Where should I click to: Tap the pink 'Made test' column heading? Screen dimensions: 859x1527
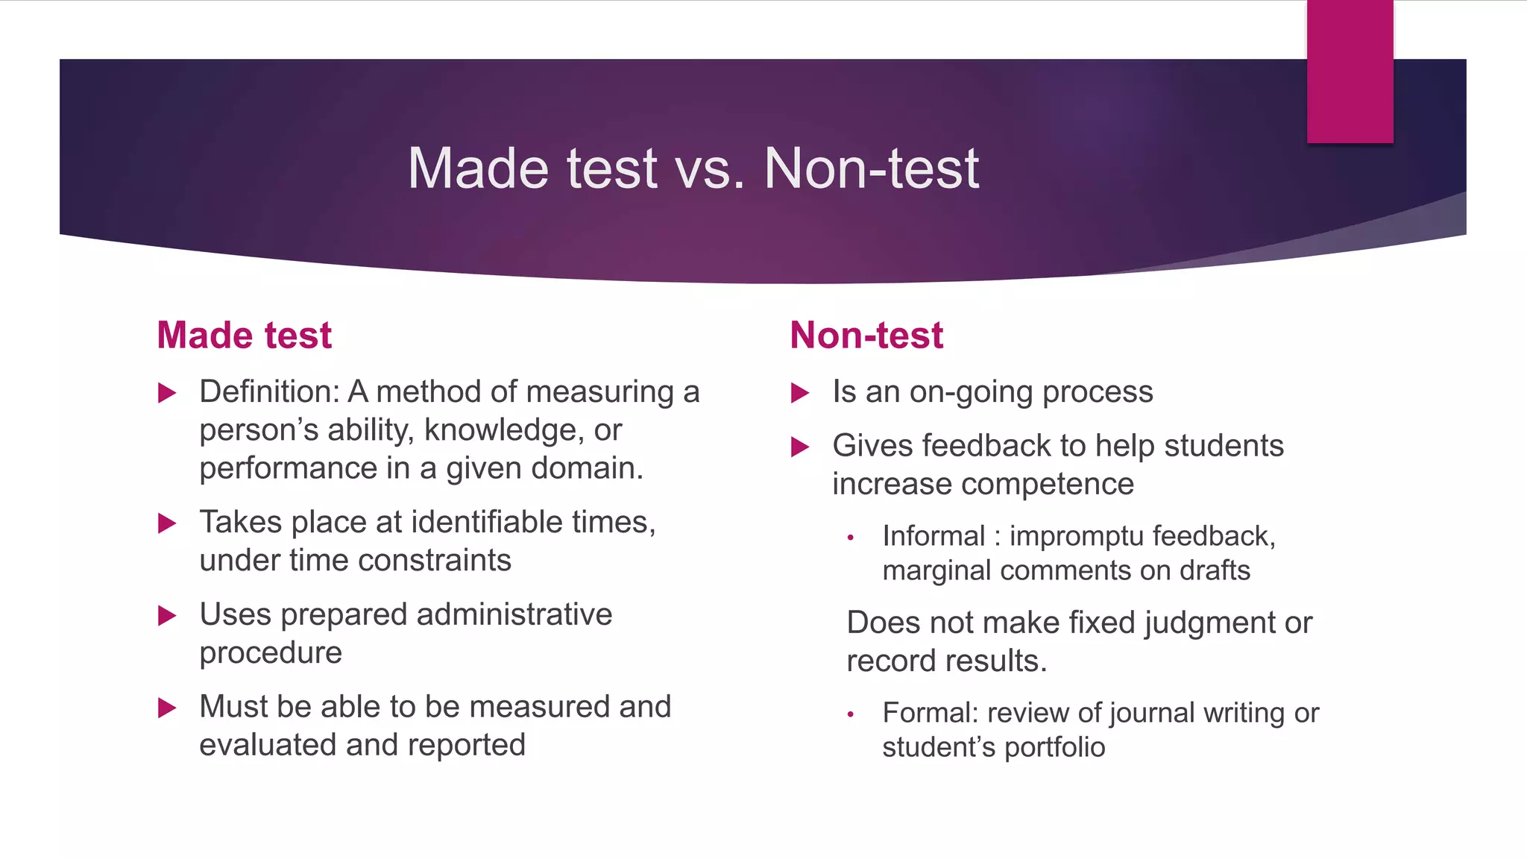click(244, 335)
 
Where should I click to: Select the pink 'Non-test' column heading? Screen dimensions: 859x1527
click(866, 335)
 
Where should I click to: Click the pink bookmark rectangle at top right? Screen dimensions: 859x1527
click(1350, 72)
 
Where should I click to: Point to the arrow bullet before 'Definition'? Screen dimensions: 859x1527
click(167, 393)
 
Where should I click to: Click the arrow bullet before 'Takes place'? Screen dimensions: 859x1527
click(167, 523)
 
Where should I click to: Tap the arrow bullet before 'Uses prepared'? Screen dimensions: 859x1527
click(167, 616)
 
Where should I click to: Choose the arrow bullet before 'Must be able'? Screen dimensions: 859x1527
click(167, 708)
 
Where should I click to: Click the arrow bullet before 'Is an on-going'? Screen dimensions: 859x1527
click(800, 393)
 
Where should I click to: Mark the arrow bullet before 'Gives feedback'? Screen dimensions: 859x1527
click(800, 447)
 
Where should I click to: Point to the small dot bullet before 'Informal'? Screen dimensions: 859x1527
click(850, 538)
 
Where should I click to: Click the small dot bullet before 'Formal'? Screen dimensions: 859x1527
click(850, 714)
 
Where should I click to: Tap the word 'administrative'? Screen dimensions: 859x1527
click(514, 614)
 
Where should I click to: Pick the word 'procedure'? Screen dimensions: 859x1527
click(271, 653)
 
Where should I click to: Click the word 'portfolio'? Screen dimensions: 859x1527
click(1054, 747)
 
